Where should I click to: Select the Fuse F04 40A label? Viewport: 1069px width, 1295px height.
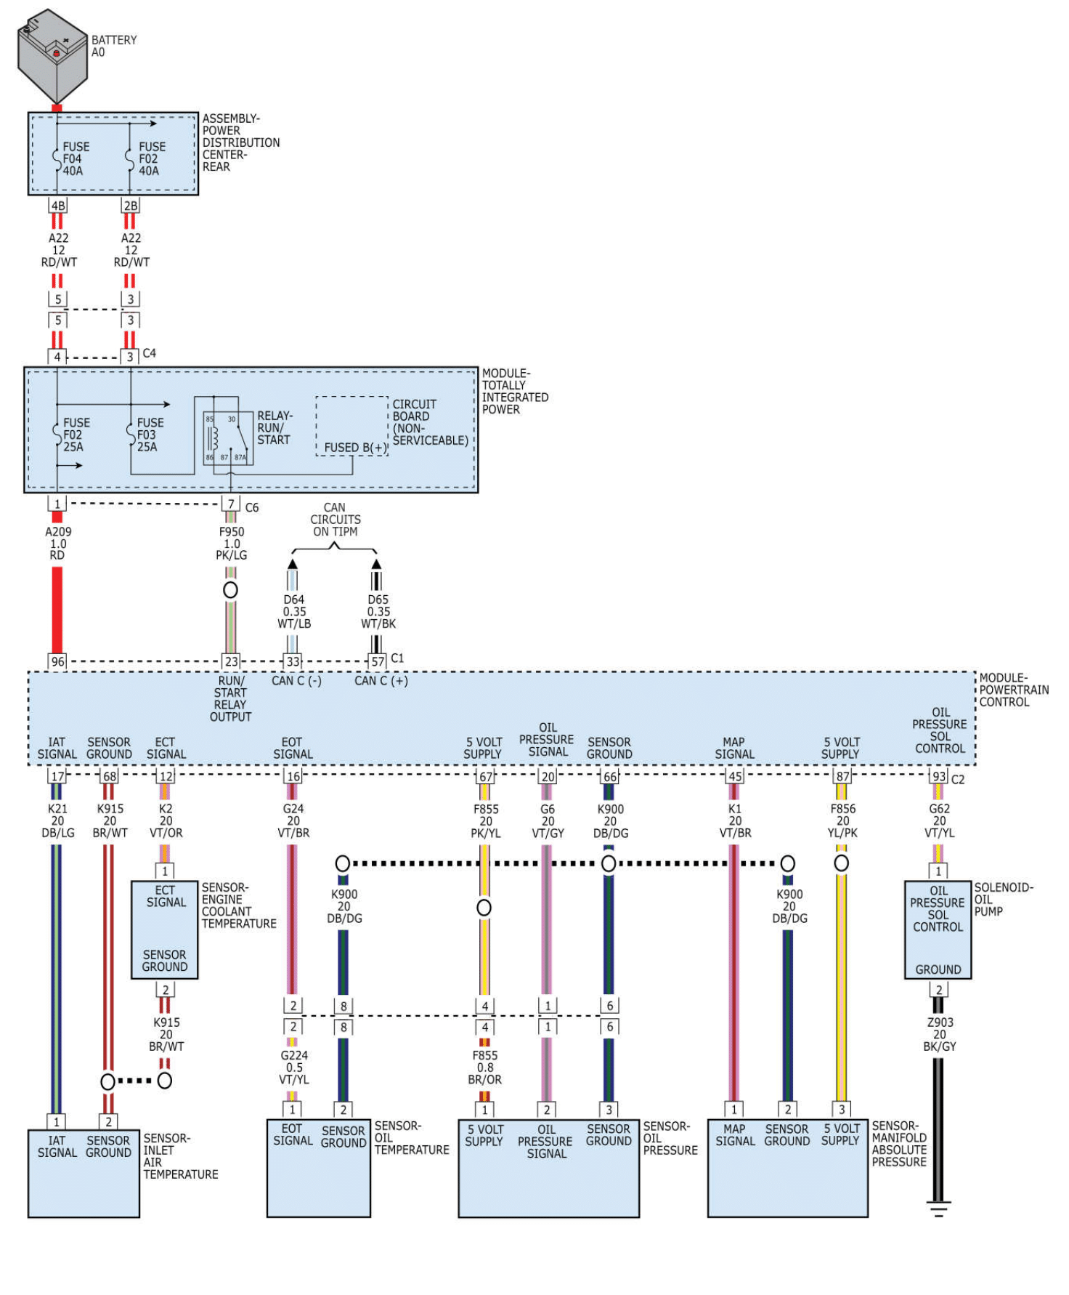(x=75, y=158)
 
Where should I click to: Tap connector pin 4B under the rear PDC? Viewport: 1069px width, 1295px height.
(x=58, y=206)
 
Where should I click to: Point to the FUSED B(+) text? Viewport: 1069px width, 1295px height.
(x=354, y=448)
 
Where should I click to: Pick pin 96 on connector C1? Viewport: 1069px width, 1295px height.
(x=57, y=661)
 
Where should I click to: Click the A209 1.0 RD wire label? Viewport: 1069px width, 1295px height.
(x=58, y=544)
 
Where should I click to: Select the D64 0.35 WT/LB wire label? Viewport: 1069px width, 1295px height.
(x=294, y=611)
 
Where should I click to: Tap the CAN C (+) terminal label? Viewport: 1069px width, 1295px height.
(x=381, y=681)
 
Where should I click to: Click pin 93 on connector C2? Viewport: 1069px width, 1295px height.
(x=939, y=776)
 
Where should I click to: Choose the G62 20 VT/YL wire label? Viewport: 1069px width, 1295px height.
(x=940, y=820)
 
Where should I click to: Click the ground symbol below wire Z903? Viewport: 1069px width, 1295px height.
(x=938, y=1209)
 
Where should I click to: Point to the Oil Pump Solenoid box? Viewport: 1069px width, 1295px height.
(x=938, y=930)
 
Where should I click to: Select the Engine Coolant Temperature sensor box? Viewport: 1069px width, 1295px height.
(x=165, y=929)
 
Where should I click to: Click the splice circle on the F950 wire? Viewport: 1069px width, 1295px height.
(x=230, y=590)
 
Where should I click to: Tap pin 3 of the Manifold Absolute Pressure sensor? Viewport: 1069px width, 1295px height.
(x=842, y=1110)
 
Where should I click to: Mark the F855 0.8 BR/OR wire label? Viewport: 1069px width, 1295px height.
(x=485, y=1068)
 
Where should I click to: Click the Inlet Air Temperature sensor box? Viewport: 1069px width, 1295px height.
(x=84, y=1173)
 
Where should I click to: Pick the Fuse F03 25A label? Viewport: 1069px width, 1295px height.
(x=150, y=435)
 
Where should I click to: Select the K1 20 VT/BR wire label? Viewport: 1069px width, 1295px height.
(x=735, y=820)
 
